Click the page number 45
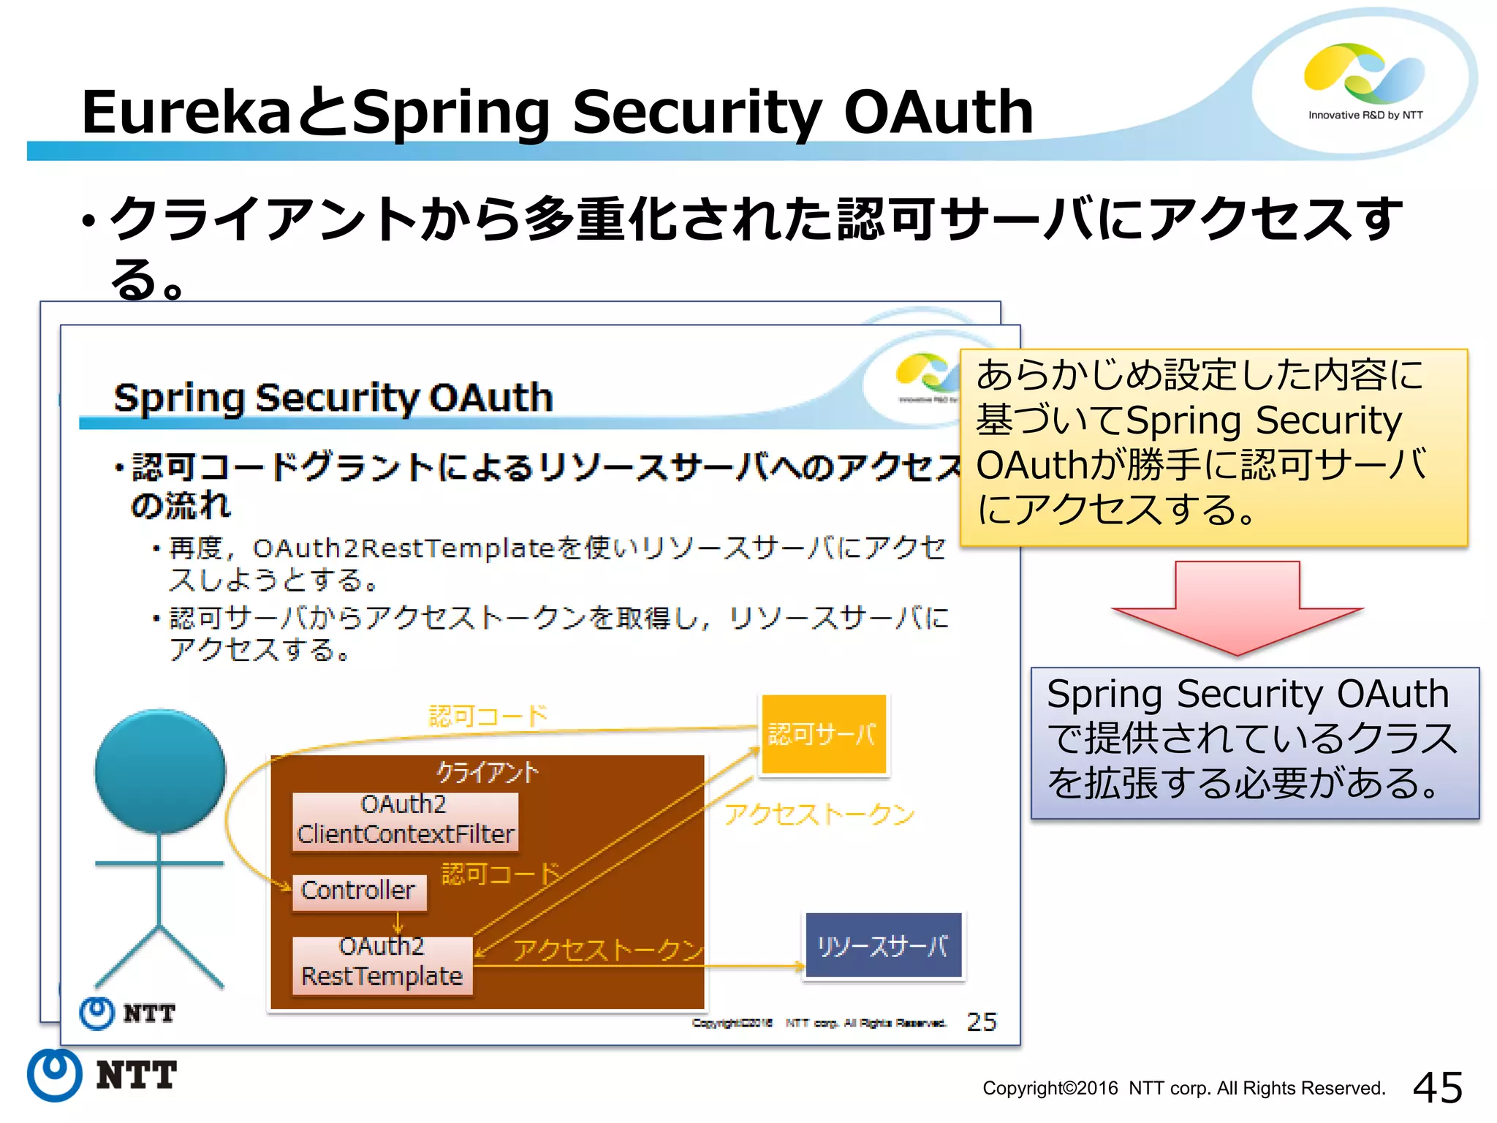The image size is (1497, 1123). pos(1437,1087)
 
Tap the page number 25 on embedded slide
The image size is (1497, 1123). pos(981,1021)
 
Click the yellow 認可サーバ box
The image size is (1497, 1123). pos(823,734)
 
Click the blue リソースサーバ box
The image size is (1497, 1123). pos(883,946)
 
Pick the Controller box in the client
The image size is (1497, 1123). pos(358,891)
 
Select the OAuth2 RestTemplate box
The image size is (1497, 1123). pos(382,962)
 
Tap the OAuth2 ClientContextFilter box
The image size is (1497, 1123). pos(405,820)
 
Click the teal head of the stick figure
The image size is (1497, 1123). pos(160,771)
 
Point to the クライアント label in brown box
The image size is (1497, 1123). pos(487,771)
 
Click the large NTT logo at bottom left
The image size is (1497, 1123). pos(102,1075)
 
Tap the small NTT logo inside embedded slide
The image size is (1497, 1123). pos(127,1013)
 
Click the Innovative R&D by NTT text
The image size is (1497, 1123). pos(1365,115)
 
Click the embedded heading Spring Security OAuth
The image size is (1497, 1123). pos(333,398)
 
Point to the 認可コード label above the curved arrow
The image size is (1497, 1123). pos(488,715)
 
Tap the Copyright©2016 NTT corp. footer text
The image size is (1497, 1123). pos(1183,1089)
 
